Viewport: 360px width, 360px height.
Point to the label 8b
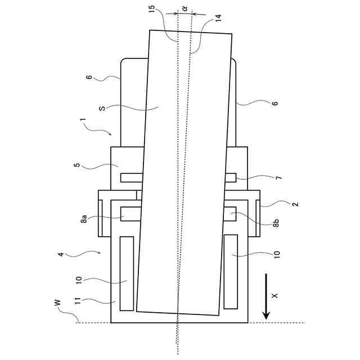[276, 224]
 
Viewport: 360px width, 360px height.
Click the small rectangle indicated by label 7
[231, 178]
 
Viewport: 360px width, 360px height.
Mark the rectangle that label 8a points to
[130, 214]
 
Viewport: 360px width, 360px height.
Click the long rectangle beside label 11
[127, 272]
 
